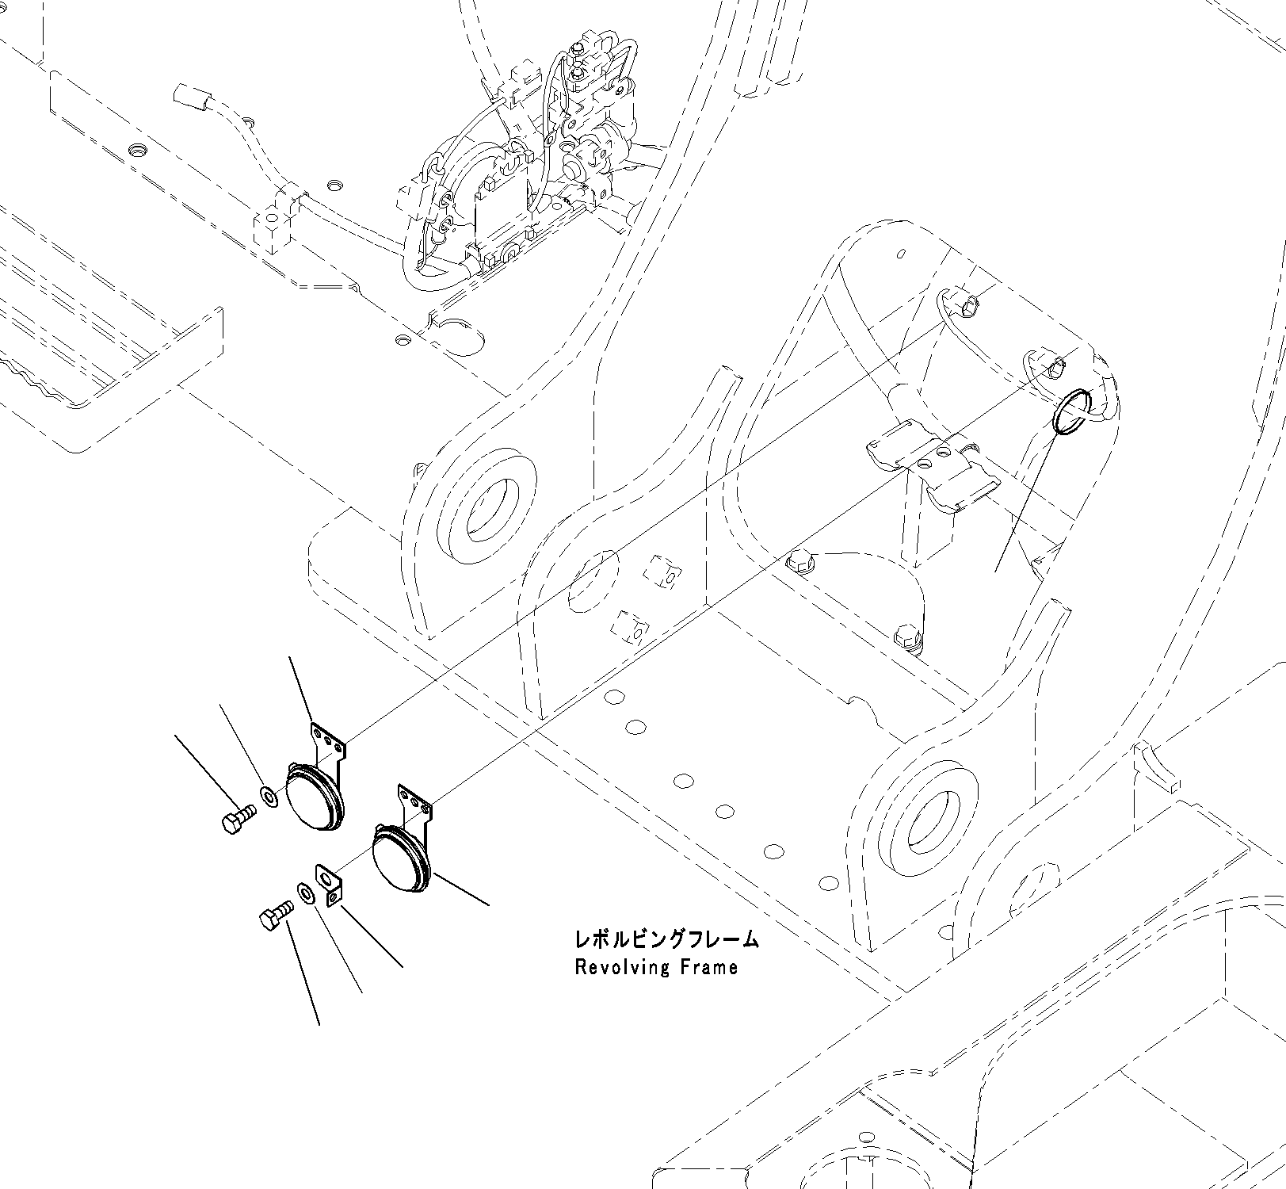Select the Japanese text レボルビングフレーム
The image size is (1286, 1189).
point(666,939)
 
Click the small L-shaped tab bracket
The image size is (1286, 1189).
point(330,883)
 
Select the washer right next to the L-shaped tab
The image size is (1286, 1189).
point(305,893)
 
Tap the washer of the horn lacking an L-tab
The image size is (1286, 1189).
point(269,795)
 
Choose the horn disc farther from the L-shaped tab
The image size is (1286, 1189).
point(313,797)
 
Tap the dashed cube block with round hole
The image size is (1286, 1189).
point(273,224)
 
